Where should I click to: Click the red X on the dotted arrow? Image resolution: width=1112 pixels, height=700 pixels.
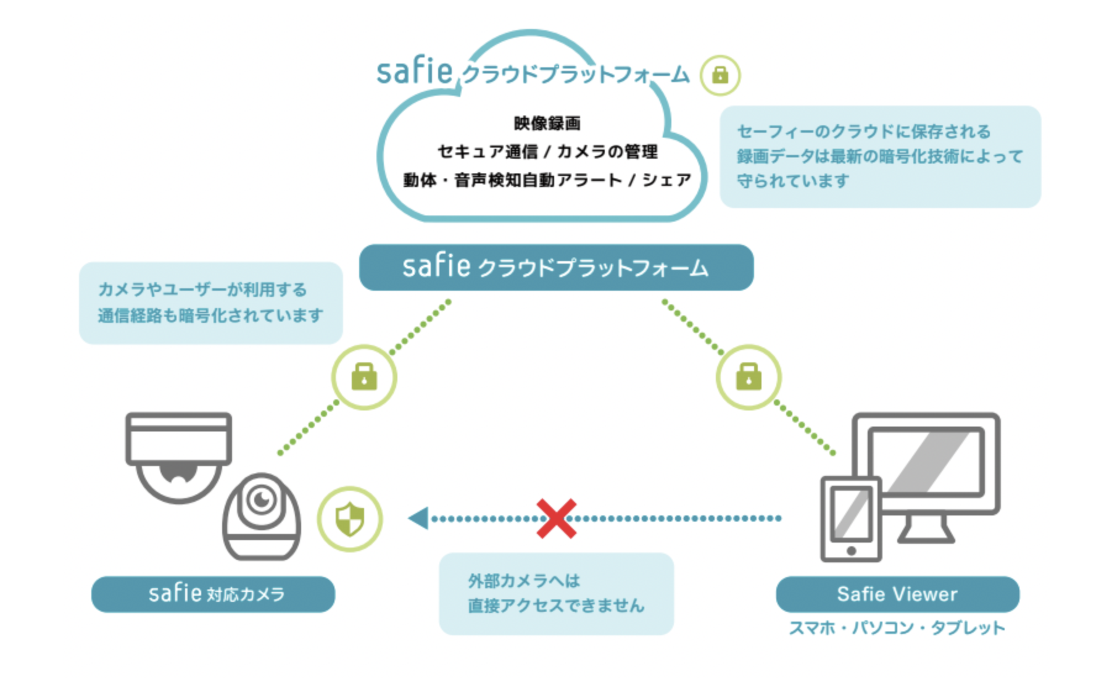(x=556, y=519)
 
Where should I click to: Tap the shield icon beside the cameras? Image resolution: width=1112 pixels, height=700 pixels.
(x=350, y=519)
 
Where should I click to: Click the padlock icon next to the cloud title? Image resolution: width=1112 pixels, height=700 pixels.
(x=720, y=75)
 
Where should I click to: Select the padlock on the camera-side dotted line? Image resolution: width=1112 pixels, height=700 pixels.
(x=364, y=377)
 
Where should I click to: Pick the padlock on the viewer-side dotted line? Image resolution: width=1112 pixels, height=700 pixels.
(x=749, y=377)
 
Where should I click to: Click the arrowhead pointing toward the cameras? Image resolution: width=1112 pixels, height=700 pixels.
(x=419, y=518)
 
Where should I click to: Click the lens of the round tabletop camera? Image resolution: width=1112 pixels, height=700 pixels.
(x=262, y=499)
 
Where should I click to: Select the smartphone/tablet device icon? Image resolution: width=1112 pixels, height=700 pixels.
(x=851, y=519)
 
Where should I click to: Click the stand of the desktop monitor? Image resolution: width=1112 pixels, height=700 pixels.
(x=926, y=530)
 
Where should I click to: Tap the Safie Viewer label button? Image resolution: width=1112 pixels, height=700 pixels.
(x=897, y=594)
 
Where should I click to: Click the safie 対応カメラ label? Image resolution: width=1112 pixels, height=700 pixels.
(x=214, y=594)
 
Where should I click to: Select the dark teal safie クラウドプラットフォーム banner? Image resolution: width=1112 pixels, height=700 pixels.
(x=556, y=268)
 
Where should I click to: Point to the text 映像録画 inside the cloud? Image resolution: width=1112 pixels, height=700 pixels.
(x=547, y=123)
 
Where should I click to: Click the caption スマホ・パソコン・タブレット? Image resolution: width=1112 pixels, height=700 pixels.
(x=897, y=628)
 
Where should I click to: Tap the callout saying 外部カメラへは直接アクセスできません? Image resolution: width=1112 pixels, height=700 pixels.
(x=556, y=593)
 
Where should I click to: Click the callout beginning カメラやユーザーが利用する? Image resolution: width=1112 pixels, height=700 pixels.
(x=210, y=302)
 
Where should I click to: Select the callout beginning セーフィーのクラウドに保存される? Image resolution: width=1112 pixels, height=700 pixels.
(x=879, y=156)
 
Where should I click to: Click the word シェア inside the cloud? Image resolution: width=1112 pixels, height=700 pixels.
(x=666, y=180)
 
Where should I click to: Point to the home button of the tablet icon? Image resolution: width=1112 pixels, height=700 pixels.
(x=851, y=551)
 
